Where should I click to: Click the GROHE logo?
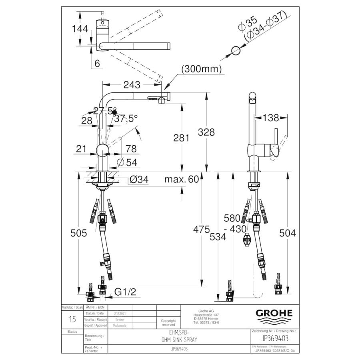274,313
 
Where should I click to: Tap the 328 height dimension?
206,132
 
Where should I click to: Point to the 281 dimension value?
182,138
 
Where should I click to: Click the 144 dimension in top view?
80,29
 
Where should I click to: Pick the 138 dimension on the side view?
271,118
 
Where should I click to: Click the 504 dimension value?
288,233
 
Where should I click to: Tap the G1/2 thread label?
125,292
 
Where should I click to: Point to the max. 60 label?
181,180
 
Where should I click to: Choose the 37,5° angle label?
126,119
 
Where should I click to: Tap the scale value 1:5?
72,320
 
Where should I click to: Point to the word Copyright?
168,320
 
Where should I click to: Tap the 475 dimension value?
201,230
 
